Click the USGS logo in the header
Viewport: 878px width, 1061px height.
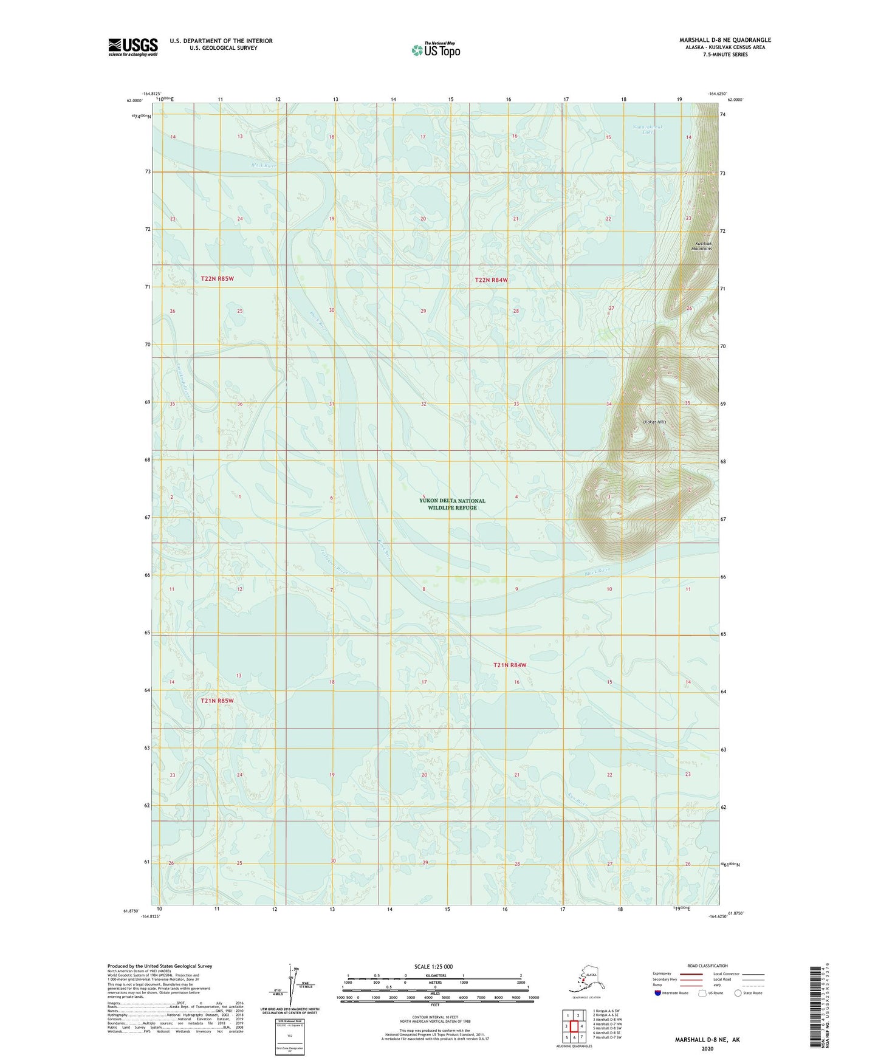[132, 47]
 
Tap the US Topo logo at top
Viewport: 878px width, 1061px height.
[435, 50]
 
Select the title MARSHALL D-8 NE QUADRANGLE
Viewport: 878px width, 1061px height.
[725, 40]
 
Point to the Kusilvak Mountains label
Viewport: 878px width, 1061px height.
[703, 246]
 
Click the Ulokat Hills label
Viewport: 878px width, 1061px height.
[654, 422]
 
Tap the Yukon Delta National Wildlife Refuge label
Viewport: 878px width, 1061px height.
[452, 504]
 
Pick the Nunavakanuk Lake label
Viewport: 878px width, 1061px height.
[648, 129]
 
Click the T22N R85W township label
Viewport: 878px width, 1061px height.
[217, 278]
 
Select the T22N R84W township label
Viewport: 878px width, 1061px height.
[491, 280]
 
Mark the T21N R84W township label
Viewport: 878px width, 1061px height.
[510, 665]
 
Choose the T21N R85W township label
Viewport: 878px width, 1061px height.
[217, 701]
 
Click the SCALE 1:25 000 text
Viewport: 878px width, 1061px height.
[433, 966]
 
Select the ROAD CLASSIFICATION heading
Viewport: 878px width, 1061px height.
[707, 966]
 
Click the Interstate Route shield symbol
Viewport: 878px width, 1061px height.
[658, 993]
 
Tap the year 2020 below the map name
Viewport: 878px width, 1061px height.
[707, 1048]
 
